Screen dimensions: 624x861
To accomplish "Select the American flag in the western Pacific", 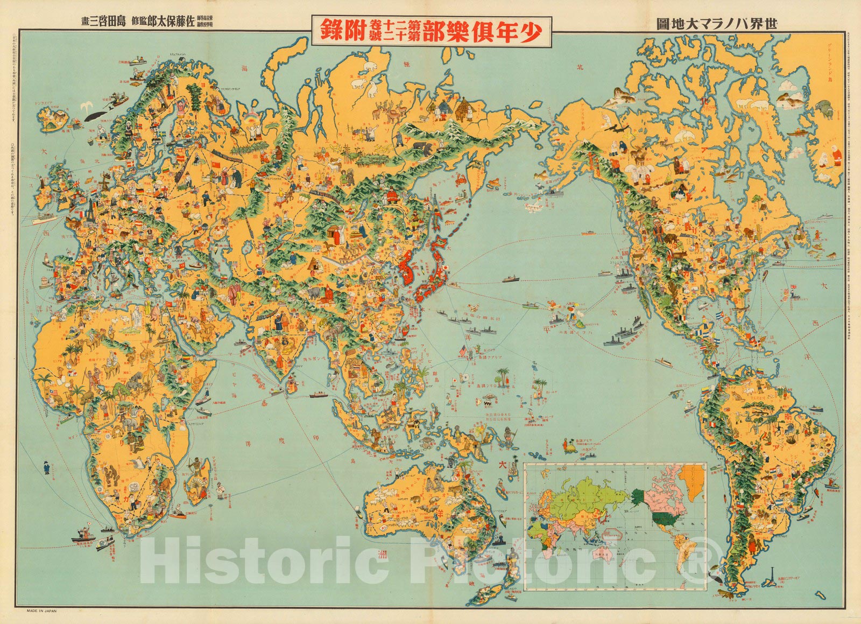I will [x=463, y=350].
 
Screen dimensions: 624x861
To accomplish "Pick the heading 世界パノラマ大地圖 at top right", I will [x=718, y=23].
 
